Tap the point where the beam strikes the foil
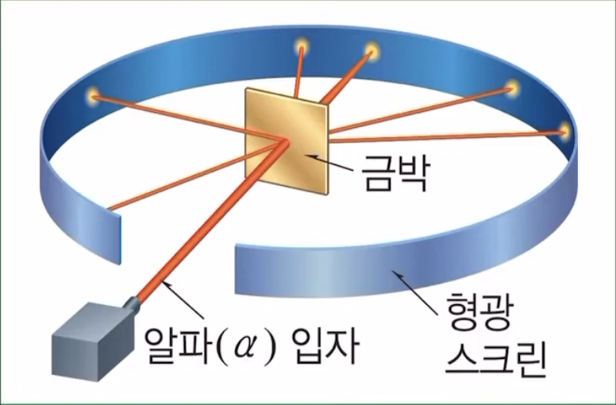coord(285,142)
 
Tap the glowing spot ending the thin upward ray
coord(302,45)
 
